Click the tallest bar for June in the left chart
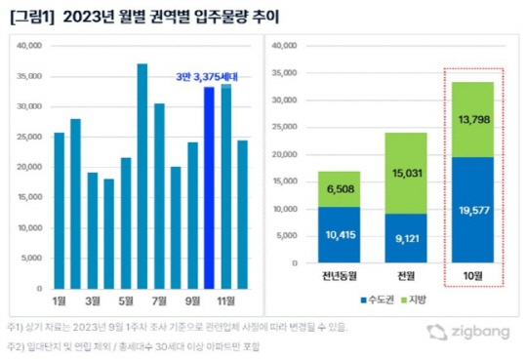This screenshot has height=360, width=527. tap(142, 177)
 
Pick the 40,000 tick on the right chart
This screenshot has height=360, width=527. tap(282, 45)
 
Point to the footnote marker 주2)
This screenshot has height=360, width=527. tap(18, 345)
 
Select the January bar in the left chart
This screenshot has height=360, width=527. tap(61, 211)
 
